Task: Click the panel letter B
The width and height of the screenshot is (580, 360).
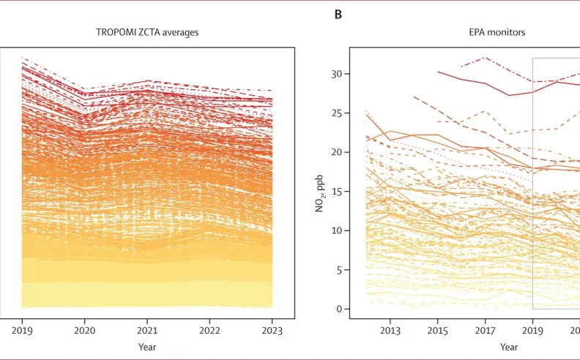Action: pyautogui.click(x=338, y=15)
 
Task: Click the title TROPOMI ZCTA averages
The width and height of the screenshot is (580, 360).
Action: pyautogui.click(x=147, y=32)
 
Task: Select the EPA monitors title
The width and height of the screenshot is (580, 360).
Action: pyautogui.click(x=497, y=32)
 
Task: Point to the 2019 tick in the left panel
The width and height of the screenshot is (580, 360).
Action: pyautogui.click(x=22, y=330)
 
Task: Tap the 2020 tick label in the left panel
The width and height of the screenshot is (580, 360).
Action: pyautogui.click(x=84, y=330)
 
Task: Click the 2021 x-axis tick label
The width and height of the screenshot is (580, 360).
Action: pyautogui.click(x=147, y=330)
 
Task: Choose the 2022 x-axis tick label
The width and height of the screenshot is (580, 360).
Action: pyautogui.click(x=209, y=330)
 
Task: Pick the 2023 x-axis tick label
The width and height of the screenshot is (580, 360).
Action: pyautogui.click(x=272, y=330)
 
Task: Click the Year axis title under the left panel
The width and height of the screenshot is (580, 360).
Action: pyautogui.click(x=147, y=347)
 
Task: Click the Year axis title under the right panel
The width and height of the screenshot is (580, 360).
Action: pyautogui.click(x=509, y=347)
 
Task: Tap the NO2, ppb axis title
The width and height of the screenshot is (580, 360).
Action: pyautogui.click(x=319, y=193)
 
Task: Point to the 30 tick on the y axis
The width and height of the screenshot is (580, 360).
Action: pyautogui.click(x=337, y=74)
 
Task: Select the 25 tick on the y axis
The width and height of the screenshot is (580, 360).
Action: pyautogui.click(x=337, y=113)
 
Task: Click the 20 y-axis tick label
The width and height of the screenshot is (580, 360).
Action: pyautogui.click(x=337, y=152)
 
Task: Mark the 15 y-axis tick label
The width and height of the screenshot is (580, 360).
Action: pyautogui.click(x=337, y=192)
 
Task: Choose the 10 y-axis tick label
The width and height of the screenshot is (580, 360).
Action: pyautogui.click(x=337, y=230)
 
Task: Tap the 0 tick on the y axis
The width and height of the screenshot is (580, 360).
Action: pyautogui.click(x=340, y=309)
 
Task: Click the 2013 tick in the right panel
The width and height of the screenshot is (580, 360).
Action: pyautogui.click(x=390, y=330)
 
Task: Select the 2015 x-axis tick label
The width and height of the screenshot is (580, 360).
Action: pyautogui.click(x=438, y=330)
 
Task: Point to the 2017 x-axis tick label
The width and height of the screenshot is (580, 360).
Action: pyautogui.click(x=485, y=330)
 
